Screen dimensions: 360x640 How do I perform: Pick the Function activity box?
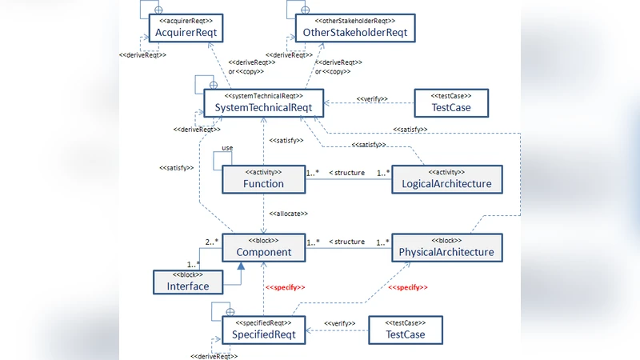coord(263,178)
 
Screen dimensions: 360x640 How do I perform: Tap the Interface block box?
coord(187,282)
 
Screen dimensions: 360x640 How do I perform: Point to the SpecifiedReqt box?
coord(263,329)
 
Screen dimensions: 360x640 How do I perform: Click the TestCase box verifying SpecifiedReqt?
coord(405,329)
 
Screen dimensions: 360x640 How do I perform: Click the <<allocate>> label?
coord(289,214)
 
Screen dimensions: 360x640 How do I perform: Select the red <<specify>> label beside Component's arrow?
coord(286,286)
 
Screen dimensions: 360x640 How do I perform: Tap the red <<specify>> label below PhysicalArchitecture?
coord(408,286)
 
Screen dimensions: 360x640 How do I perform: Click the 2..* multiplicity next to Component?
coord(212,241)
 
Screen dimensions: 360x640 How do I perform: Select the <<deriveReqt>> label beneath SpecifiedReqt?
coord(212,355)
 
